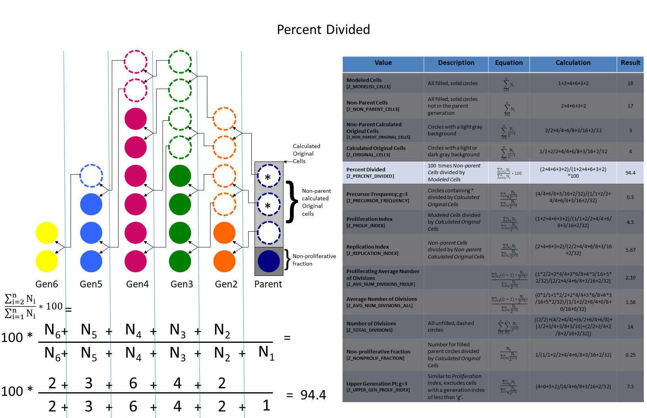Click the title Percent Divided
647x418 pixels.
(323, 30)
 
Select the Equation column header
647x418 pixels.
(509, 63)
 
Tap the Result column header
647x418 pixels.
(630, 63)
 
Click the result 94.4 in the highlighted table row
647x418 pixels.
(630, 173)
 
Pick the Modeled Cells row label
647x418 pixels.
(364, 80)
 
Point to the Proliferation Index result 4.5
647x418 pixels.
(630, 222)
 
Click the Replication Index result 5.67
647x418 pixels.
(630, 250)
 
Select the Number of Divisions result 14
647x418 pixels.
(630, 327)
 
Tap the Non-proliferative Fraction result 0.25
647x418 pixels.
(630, 355)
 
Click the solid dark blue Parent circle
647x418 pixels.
(269, 261)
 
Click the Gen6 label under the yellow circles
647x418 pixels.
(47, 284)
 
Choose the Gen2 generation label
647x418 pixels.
(226, 284)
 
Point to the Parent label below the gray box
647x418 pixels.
(268, 284)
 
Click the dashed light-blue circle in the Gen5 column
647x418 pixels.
(91, 176)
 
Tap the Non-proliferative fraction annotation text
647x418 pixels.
(314, 260)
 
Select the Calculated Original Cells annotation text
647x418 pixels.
(306, 154)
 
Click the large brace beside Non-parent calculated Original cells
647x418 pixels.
(292, 202)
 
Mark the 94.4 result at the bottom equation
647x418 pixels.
(313, 395)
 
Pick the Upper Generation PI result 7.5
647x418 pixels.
(630, 387)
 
